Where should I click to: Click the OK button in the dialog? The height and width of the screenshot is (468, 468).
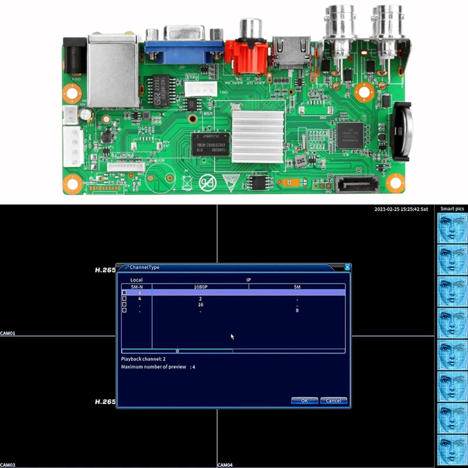(x=304, y=401)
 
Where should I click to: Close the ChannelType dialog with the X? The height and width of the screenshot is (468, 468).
(x=347, y=267)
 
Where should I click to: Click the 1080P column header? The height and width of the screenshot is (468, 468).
(x=201, y=287)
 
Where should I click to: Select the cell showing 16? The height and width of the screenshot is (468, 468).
(x=201, y=305)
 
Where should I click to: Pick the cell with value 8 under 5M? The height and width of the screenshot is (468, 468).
(x=297, y=311)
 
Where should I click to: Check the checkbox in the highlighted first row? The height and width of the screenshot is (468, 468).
(x=123, y=292)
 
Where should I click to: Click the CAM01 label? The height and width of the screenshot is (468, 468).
(x=8, y=334)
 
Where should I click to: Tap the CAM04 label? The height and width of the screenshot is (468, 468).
(x=225, y=465)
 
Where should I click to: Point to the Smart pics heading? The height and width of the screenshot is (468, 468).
(x=452, y=209)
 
